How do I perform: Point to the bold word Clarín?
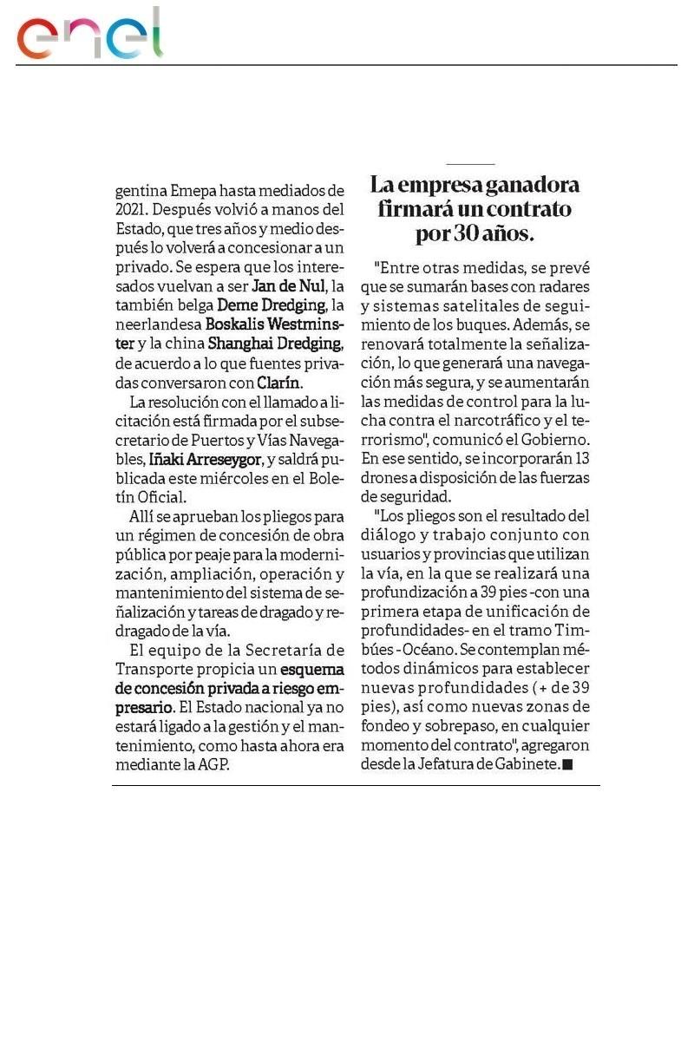click(x=279, y=382)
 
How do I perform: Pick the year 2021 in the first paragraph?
click(x=131, y=210)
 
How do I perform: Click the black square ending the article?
click(x=568, y=764)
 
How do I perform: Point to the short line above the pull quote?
click(x=470, y=164)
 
